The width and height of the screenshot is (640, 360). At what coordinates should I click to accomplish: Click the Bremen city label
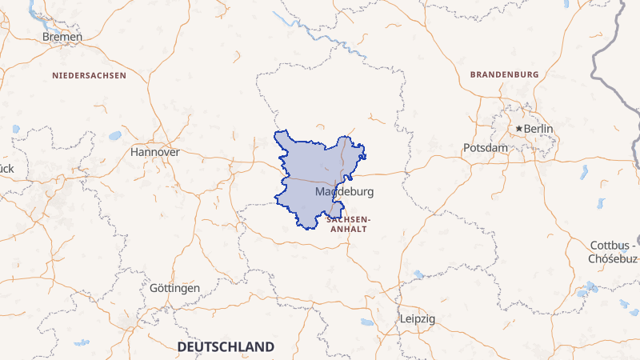tap(62, 37)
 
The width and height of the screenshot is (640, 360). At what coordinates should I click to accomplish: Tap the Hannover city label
tap(155, 151)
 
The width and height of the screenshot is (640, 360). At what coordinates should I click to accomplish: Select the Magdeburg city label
tap(345, 193)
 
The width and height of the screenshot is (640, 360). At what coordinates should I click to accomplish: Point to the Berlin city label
tap(538, 129)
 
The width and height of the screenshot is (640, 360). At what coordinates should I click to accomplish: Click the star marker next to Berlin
tap(519, 129)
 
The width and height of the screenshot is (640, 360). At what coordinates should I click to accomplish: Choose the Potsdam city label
tap(486, 148)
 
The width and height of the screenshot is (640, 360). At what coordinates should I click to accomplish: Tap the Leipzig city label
tap(418, 318)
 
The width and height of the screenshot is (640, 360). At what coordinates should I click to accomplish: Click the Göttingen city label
tap(174, 288)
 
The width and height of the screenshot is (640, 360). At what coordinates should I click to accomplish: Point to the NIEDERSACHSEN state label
tap(90, 75)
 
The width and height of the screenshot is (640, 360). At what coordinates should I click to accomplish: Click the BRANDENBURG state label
tap(505, 74)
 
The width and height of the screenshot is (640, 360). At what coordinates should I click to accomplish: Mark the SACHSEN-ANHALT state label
tap(349, 223)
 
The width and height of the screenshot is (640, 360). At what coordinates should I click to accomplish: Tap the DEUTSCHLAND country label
tap(226, 347)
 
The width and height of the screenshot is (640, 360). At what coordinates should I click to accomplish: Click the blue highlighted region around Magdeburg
tap(308, 172)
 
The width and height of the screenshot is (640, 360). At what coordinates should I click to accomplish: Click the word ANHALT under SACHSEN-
tap(349, 229)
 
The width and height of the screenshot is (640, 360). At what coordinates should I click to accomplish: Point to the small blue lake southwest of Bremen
tap(15, 128)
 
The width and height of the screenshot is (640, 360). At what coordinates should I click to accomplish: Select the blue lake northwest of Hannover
tap(115, 134)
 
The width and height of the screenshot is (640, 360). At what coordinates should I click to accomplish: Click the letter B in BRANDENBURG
tap(474, 74)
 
